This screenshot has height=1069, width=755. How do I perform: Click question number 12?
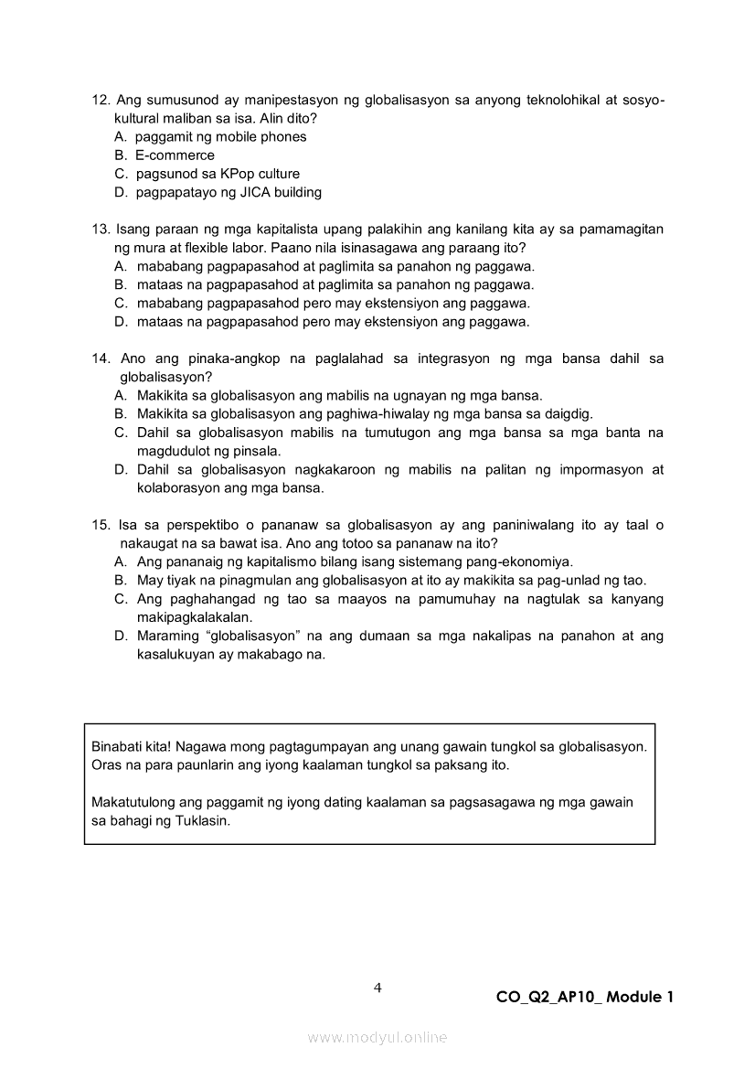(101, 100)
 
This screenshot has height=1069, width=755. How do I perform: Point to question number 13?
(101, 229)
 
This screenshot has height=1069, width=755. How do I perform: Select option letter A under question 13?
(120, 266)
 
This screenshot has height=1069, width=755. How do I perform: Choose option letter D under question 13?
(120, 322)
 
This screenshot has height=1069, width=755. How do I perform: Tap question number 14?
(101, 358)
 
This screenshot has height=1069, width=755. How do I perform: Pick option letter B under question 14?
(120, 414)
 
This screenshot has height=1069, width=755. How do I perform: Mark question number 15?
(101, 525)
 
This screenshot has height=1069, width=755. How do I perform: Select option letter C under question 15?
(120, 599)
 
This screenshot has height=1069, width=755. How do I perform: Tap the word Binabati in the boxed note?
(116, 746)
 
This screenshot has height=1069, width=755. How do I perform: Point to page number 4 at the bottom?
(377, 988)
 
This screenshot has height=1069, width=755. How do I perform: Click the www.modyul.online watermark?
(377, 1037)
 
